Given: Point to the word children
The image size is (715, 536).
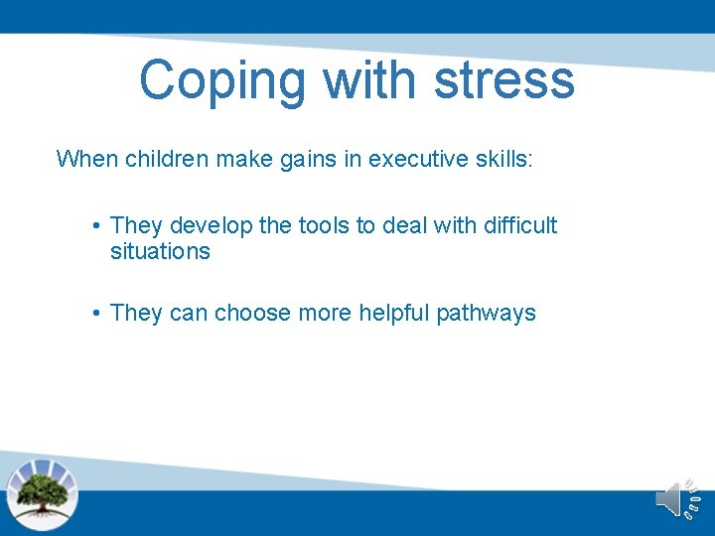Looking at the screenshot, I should tap(165, 159).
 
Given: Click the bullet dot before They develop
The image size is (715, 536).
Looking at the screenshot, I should tap(96, 226).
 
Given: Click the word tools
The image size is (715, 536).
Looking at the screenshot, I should tap(325, 226).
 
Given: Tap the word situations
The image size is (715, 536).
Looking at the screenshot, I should tap(160, 252).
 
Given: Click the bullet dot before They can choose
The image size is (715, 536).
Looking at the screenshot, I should tap(96, 314).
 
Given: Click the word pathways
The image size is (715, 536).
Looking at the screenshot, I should tap(489, 314).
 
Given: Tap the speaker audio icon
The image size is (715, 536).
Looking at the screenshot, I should tap(677, 498).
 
